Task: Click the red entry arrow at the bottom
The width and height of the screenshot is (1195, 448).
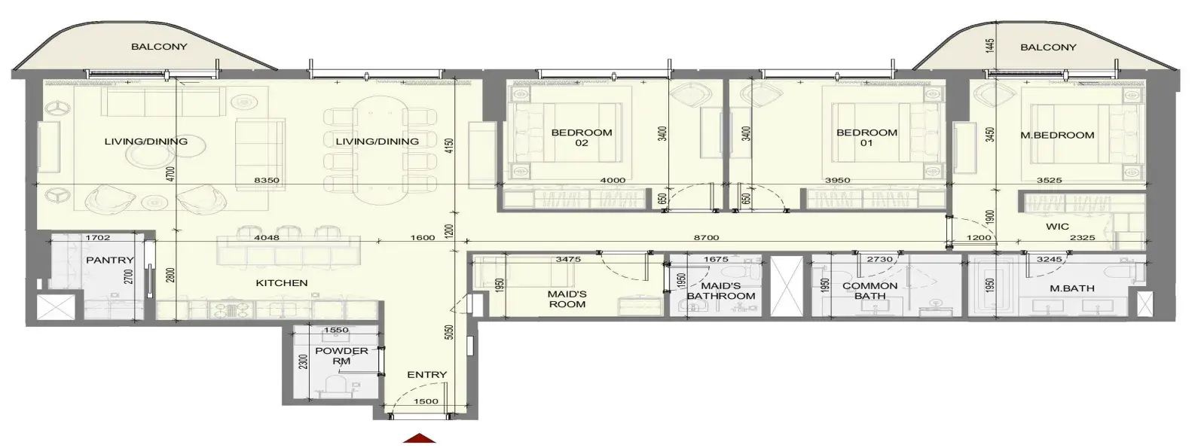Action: pyautogui.click(x=420, y=438)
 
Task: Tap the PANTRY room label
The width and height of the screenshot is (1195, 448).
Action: pyautogui.click(x=110, y=260)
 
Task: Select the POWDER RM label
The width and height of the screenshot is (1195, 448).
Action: pyautogui.click(x=341, y=355)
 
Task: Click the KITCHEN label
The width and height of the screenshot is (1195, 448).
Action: pyautogui.click(x=282, y=282)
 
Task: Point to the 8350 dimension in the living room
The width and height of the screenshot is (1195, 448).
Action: pyautogui.click(x=267, y=180)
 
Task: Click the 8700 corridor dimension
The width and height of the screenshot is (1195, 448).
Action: pyautogui.click(x=706, y=237)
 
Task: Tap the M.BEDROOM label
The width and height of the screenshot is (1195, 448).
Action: pyautogui.click(x=1057, y=136)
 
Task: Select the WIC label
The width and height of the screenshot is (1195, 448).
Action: pyautogui.click(x=1057, y=226)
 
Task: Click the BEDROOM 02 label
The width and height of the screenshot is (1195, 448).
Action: pyautogui.click(x=582, y=138)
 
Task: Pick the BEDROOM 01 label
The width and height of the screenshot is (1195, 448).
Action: pyautogui.click(x=867, y=138)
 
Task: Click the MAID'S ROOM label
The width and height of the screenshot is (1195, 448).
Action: pyautogui.click(x=567, y=299)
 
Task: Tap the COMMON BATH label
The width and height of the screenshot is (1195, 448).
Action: pyautogui.click(x=870, y=291)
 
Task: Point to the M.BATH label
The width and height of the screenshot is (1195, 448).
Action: pyautogui.click(x=1072, y=288)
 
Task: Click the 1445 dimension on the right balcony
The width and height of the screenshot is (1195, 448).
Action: pyautogui.click(x=991, y=46)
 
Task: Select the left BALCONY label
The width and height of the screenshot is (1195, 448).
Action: pyautogui.click(x=160, y=47)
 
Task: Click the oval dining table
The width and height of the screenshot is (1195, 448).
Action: pyautogui.click(x=380, y=151)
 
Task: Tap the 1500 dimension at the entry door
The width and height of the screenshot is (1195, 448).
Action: pyautogui.click(x=426, y=401)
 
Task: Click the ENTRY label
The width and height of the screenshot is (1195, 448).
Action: pyautogui.click(x=426, y=375)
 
